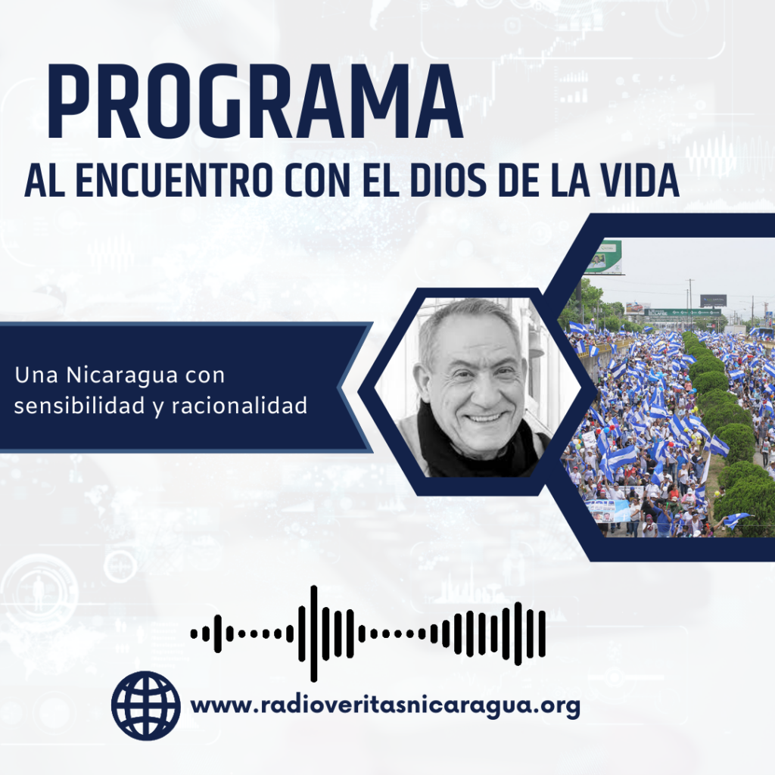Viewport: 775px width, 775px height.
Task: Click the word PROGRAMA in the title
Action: tap(254, 101)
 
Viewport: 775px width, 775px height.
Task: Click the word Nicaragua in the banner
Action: tap(122, 375)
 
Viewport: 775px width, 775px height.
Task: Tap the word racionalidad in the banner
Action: tap(239, 406)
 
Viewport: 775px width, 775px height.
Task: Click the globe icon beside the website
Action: tap(146, 705)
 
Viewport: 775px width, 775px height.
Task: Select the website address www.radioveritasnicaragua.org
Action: tap(385, 705)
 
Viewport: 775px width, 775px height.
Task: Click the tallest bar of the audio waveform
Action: tap(313, 633)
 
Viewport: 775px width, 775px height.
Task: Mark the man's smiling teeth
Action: tap(484, 419)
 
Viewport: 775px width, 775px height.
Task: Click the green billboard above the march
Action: tap(604, 257)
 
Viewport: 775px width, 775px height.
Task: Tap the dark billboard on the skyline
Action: tap(713, 300)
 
